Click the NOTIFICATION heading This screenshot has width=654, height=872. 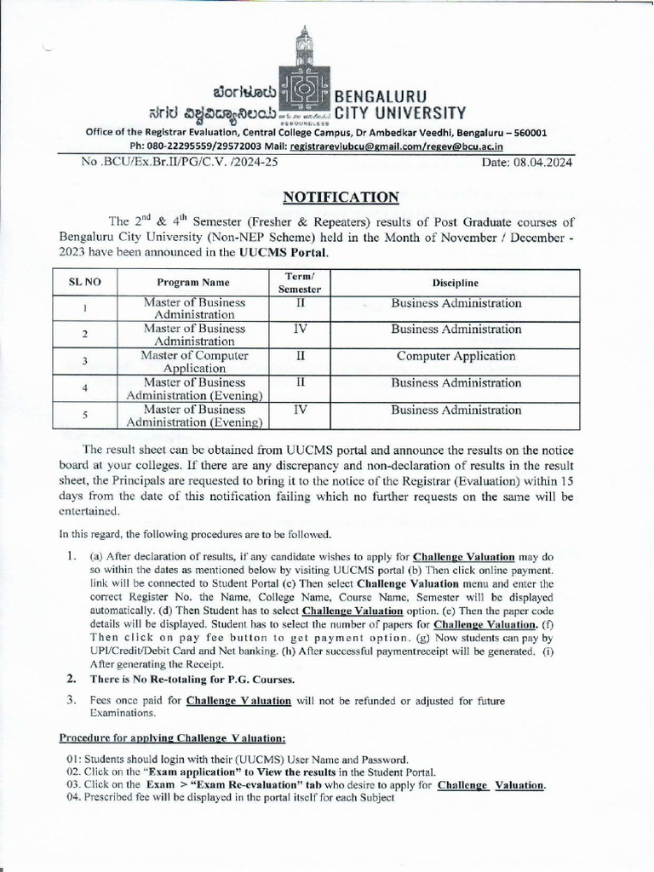pos(340,198)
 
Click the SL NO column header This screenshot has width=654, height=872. pos(78,283)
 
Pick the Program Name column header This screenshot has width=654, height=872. pos(193,283)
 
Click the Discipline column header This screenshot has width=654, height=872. pos(456,283)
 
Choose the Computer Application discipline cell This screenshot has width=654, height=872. pos(456,356)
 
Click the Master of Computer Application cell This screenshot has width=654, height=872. pos(194,362)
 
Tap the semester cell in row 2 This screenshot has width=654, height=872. pos(300,330)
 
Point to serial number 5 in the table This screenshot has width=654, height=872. pos(84,415)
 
